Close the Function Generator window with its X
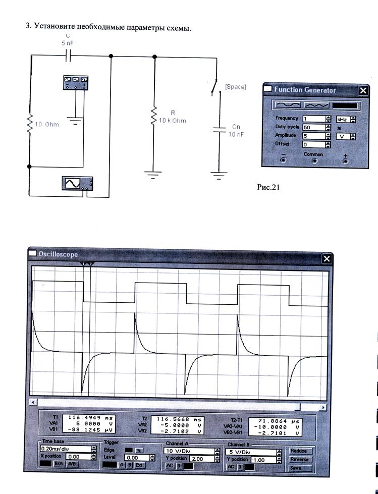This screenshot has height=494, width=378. pyautogui.click(x=363, y=90)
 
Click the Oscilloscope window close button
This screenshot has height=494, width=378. pyautogui.click(x=327, y=259)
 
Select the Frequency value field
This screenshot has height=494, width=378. pyautogui.click(x=313, y=119)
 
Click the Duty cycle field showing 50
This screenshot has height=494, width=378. pyautogui.click(x=313, y=128)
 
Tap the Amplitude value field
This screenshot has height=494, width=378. pyautogui.click(x=313, y=136)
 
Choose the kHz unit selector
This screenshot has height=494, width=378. pyautogui.click(x=343, y=119)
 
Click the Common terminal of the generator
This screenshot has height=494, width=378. pyautogui.click(x=314, y=161)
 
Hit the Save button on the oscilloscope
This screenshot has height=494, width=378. pyautogui.click(x=296, y=468)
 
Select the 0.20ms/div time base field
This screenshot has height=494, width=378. pyautogui.click(x=65, y=448)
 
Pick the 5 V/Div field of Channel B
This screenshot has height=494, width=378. pyautogui.click(x=250, y=452)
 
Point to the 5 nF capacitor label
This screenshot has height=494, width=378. pyautogui.click(x=67, y=44)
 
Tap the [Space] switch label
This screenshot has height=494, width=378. pyautogui.click(x=235, y=87)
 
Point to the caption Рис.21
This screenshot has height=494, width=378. pyautogui.click(x=268, y=187)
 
